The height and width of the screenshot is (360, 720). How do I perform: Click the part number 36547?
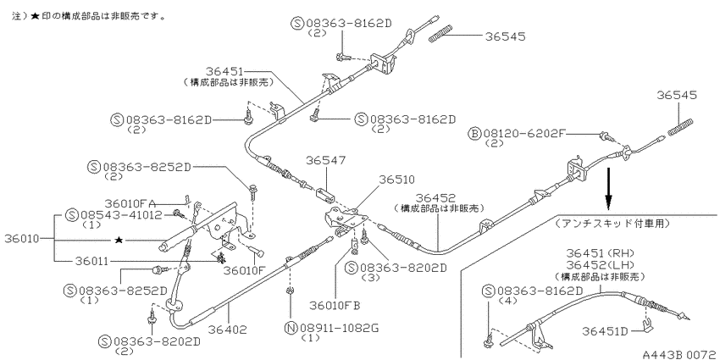click(x=326, y=160)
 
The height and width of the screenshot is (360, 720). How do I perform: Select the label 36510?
click(x=396, y=179)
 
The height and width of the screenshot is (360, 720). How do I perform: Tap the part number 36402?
click(x=227, y=330)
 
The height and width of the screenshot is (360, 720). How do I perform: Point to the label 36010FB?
click(x=335, y=305)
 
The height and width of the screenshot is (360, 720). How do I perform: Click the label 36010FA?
click(x=130, y=203)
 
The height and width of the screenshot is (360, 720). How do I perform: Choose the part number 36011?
click(x=92, y=261)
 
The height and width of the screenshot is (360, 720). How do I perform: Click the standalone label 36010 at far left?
click(x=21, y=238)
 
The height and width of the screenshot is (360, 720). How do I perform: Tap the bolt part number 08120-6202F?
click(x=522, y=134)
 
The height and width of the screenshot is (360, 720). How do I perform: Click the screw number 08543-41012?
click(x=122, y=215)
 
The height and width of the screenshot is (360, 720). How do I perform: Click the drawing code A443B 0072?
click(x=680, y=354)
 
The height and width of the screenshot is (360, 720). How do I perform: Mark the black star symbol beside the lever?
click(x=119, y=240)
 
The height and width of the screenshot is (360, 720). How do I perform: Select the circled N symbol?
click(x=291, y=328)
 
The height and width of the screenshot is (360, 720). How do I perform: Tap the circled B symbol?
click(x=474, y=134)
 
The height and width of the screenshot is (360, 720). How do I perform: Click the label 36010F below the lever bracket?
click(x=245, y=269)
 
